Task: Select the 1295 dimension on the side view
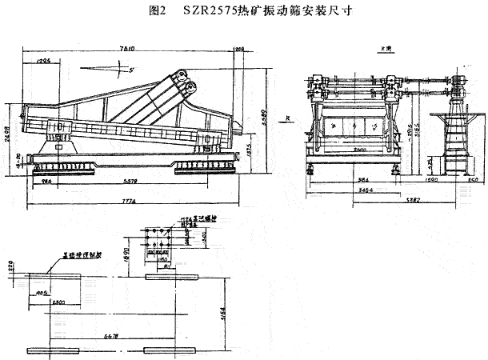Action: (44, 60)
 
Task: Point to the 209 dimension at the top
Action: (239, 50)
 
